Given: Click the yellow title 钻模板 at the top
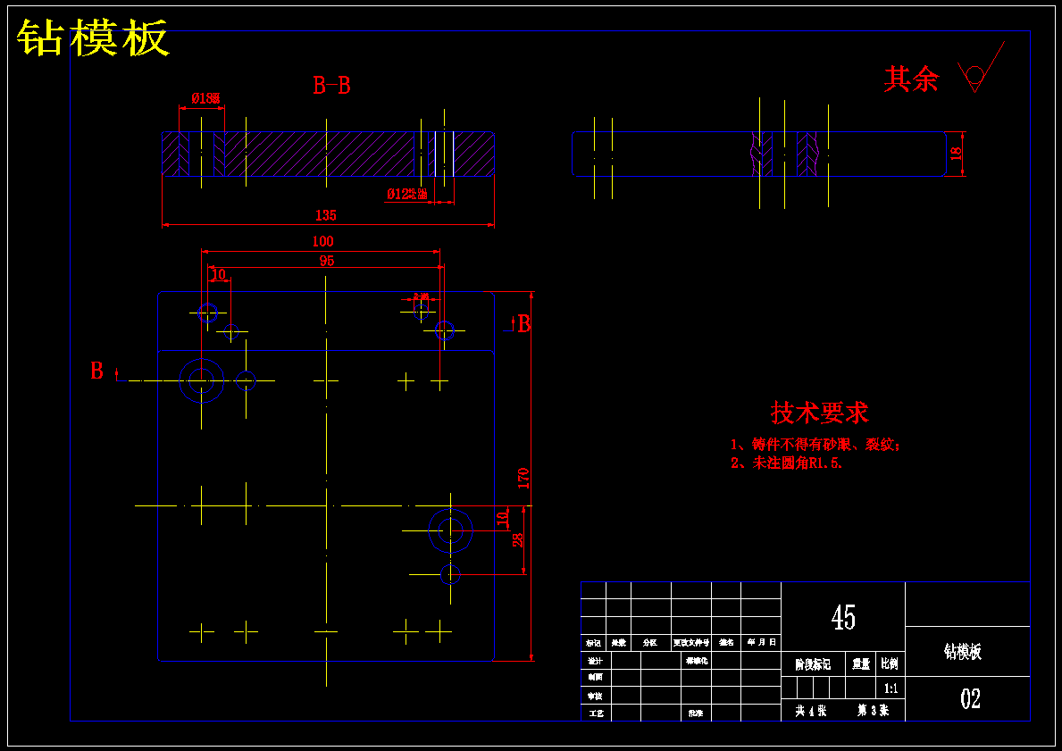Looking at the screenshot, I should click(93, 38).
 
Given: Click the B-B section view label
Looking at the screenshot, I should click(331, 86).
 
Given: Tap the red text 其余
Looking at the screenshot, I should click(911, 79).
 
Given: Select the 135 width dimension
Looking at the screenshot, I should click(326, 215).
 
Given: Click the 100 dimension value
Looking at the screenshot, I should click(322, 241).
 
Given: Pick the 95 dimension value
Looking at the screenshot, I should click(327, 261).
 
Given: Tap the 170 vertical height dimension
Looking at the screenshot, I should click(523, 477).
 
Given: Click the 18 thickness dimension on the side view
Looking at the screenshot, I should click(956, 154).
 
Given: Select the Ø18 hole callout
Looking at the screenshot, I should click(205, 98).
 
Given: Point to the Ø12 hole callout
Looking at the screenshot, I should click(406, 194).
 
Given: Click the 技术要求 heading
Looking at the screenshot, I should click(819, 413).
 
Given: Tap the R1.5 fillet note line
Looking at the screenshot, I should click(787, 463).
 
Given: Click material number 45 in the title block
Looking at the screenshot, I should click(843, 617).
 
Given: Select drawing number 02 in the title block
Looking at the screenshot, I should click(970, 698).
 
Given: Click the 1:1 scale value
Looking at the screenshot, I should click(891, 688).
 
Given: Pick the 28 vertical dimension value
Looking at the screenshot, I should click(518, 540).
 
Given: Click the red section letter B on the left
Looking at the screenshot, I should click(96, 371).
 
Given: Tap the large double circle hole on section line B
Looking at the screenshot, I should click(201, 381).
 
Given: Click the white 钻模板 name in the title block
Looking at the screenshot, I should click(963, 652).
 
